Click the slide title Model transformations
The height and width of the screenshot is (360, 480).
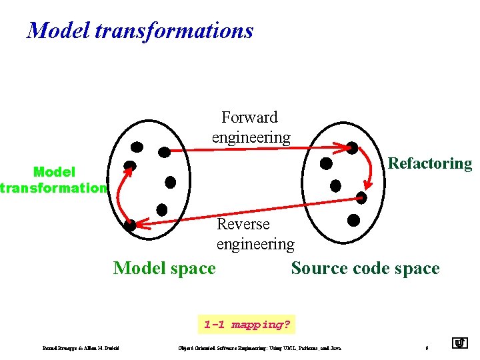pyautogui.click(x=140, y=31)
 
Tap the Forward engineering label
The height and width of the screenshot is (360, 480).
pyautogui.click(x=251, y=127)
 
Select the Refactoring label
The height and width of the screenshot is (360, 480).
pyautogui.click(x=429, y=163)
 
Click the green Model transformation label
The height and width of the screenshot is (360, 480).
pyautogui.click(x=53, y=180)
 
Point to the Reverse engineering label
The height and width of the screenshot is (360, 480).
pyautogui.click(x=255, y=234)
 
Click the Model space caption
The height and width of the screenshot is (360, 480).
pyautogui.click(x=165, y=268)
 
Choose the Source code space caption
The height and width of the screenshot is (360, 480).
pyautogui.click(x=365, y=268)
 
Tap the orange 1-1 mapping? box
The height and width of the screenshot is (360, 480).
pyautogui.click(x=247, y=325)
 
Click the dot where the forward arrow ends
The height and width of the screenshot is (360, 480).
pyautogui.click(x=351, y=148)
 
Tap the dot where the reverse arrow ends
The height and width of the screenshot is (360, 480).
pyautogui.click(x=130, y=225)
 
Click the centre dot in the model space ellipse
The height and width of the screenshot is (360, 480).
pyautogui.click(x=170, y=181)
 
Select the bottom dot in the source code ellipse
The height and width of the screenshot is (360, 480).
pyautogui.click(x=353, y=219)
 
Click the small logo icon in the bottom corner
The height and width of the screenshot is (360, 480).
pyautogui.click(x=459, y=344)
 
